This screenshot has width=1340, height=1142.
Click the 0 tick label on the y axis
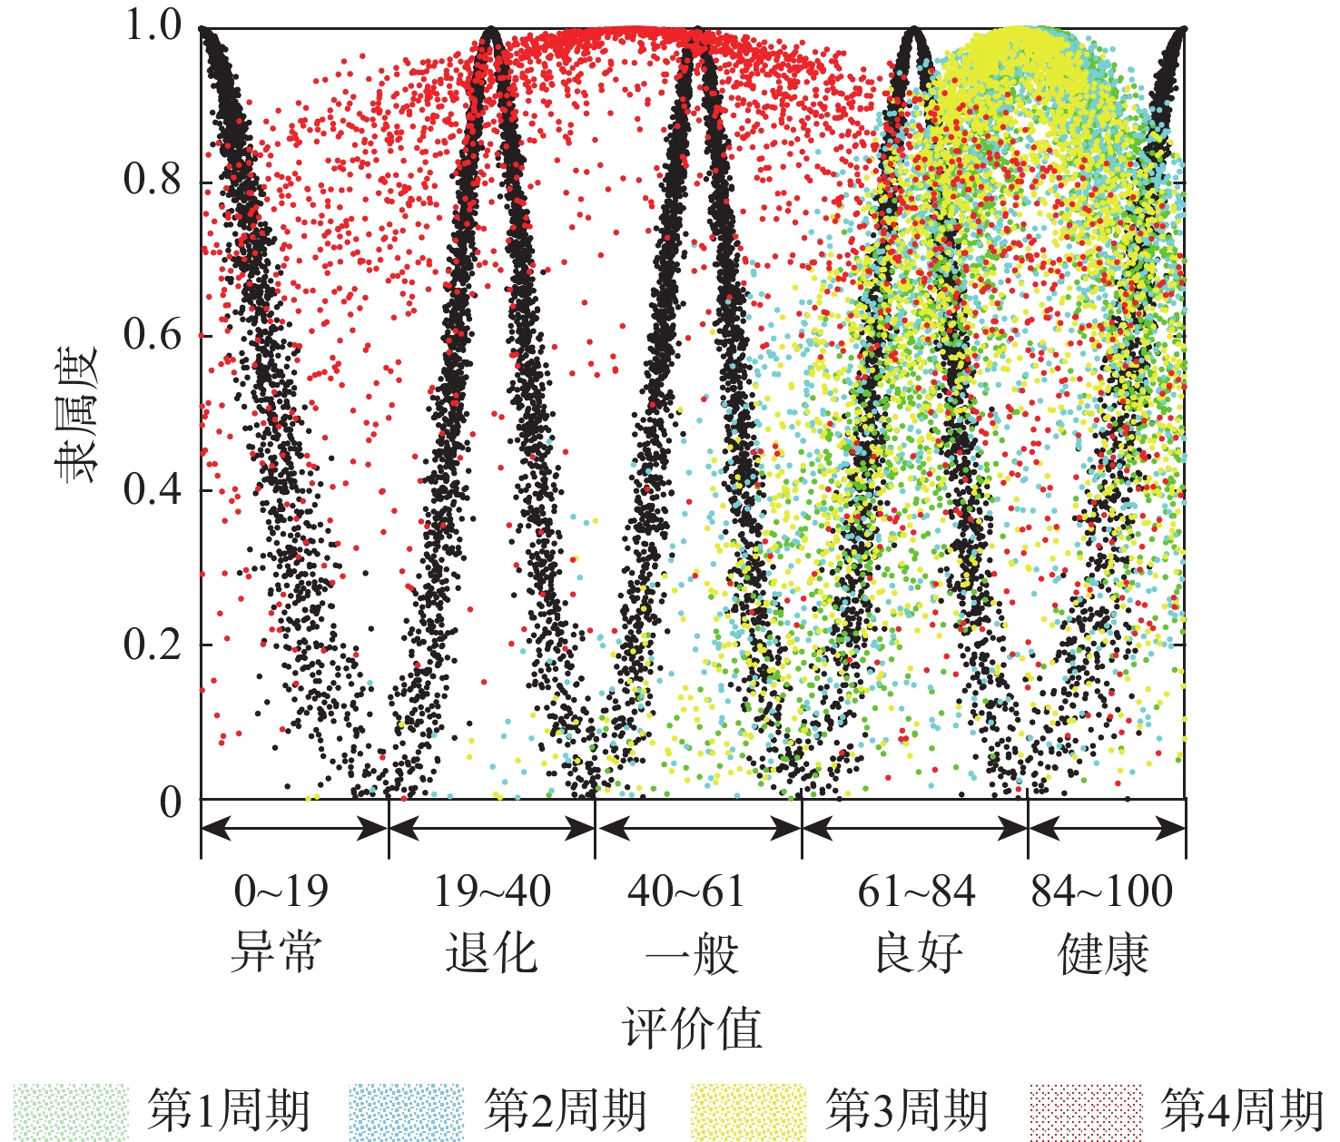pyautogui.click(x=171, y=802)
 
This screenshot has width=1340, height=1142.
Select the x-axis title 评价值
pyautogui.click(x=692, y=1029)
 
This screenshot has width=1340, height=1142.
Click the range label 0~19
pyautogui.click(x=281, y=892)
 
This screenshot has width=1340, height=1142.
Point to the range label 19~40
pyautogui.click(x=491, y=892)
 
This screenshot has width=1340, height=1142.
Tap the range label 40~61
pyautogui.click(x=686, y=892)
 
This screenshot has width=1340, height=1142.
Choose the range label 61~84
pyautogui.click(x=915, y=892)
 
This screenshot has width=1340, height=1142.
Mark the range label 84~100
pyautogui.click(x=1102, y=892)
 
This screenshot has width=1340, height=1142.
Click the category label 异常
pyautogui.click(x=276, y=953)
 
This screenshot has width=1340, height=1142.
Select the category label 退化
pyautogui.click(x=491, y=953)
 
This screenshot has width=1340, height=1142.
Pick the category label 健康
pyautogui.click(x=1104, y=953)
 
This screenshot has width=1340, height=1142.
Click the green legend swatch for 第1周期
pyautogui.click(x=72, y=1111)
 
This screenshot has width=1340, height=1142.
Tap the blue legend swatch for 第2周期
pyautogui.click(x=405, y=1111)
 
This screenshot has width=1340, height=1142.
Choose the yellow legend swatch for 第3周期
pyautogui.click(x=747, y=1111)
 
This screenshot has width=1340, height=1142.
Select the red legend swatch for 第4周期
pyautogui.click(x=1085, y=1111)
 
